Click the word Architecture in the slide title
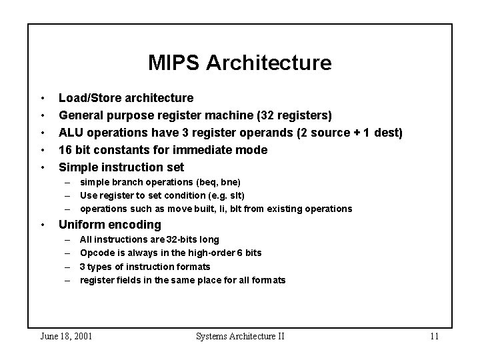click(x=269, y=63)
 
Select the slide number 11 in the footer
click(x=434, y=336)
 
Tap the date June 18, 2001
click(x=67, y=336)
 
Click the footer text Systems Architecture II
click(x=240, y=336)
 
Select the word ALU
click(x=71, y=133)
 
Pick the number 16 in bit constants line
click(x=66, y=150)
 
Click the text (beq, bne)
click(x=219, y=182)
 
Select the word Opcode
click(x=96, y=253)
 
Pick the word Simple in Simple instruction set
click(x=77, y=167)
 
